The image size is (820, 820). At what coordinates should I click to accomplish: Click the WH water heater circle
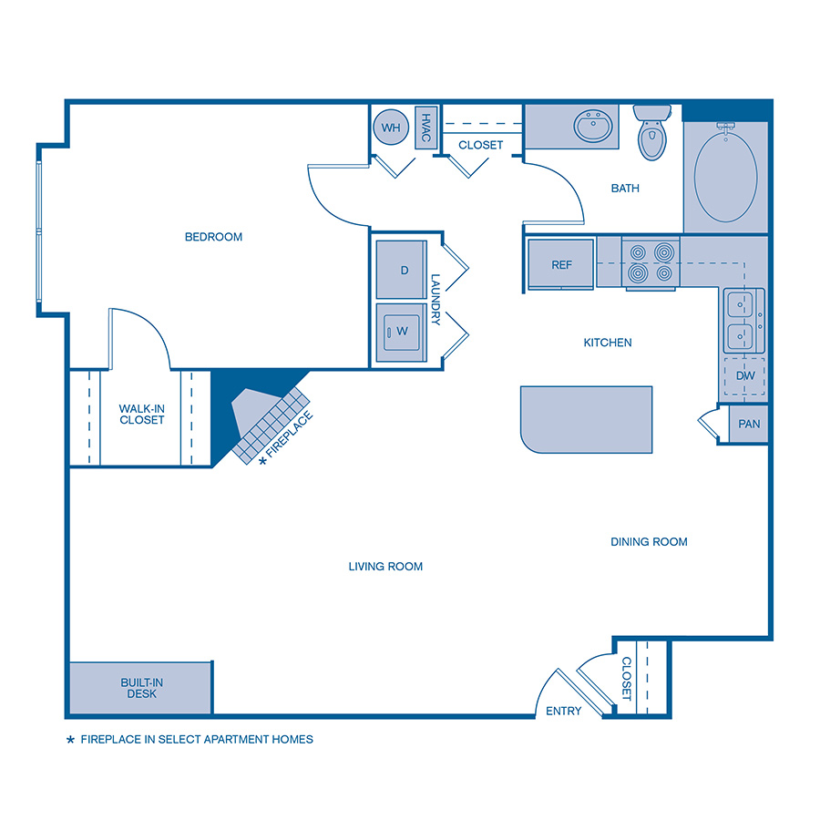pyautogui.click(x=391, y=128)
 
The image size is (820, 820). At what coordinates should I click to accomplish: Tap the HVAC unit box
pyautogui.click(x=425, y=127)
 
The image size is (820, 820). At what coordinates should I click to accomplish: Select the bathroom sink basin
pyautogui.click(x=594, y=127)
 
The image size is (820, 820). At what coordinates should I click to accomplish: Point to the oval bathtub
pyautogui.click(x=725, y=175)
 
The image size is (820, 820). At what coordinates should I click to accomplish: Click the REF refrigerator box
pyautogui.click(x=561, y=264)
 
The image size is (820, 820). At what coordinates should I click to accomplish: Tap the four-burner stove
pyautogui.click(x=651, y=262)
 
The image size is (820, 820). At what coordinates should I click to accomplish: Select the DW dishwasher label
pyautogui.click(x=744, y=375)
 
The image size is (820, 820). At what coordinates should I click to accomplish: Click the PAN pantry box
pyautogui.click(x=749, y=424)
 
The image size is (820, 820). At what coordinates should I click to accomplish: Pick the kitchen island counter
pyautogui.click(x=586, y=419)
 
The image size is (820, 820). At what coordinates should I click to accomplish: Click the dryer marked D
pyautogui.click(x=402, y=270)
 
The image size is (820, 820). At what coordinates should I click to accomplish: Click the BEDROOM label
pyautogui.click(x=213, y=237)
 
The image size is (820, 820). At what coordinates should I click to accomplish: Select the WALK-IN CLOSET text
pyautogui.click(x=141, y=415)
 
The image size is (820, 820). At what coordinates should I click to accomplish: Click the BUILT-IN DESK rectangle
pyautogui.click(x=139, y=688)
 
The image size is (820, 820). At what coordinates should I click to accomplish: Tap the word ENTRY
pyautogui.click(x=563, y=712)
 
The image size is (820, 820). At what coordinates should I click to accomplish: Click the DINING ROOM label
pyautogui.click(x=649, y=541)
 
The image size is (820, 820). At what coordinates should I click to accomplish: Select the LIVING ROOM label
pyautogui.click(x=385, y=566)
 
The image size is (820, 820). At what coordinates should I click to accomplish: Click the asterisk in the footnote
pyautogui.click(x=71, y=740)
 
